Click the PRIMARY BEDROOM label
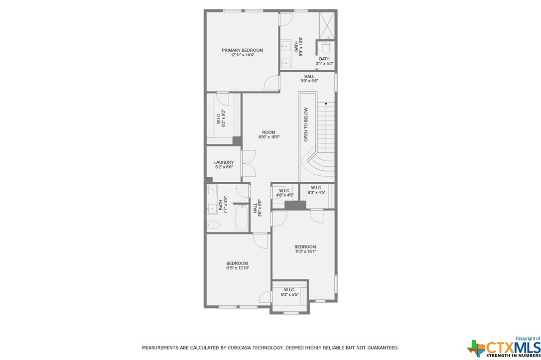pyautogui.click(x=242, y=50)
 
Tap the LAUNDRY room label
pyautogui.click(x=224, y=162)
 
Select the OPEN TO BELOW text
pyautogui.click(x=306, y=124)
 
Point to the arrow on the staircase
pyautogui.click(x=326, y=127)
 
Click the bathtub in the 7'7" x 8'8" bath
pyautogui.click(x=242, y=218)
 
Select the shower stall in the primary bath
pyautogui.click(x=327, y=26)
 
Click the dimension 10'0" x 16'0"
pyautogui.click(x=269, y=137)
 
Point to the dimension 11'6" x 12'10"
pyautogui.click(x=238, y=268)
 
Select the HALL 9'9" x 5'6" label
pyautogui.click(x=309, y=79)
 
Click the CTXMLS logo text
pyautogui.click(x=514, y=347)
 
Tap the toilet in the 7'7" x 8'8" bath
pyautogui.click(x=213, y=225)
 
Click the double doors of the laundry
pyautogui.click(x=249, y=163)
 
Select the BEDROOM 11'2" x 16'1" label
pyautogui.click(x=305, y=249)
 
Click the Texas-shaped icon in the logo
pyautogui.click(x=476, y=348)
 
